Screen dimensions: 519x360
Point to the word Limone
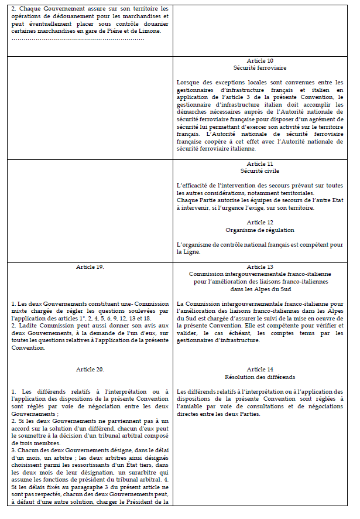[149, 31]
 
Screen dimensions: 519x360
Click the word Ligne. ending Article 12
[186, 252]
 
